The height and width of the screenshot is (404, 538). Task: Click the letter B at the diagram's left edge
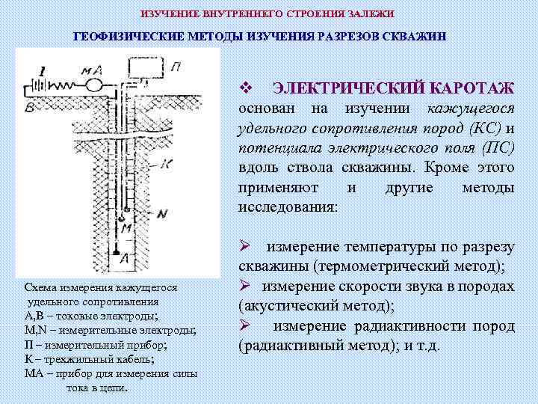point(28,107)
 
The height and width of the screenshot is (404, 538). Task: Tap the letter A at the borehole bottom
point(125,257)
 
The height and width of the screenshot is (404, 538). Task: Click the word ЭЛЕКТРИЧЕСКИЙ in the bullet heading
point(348,89)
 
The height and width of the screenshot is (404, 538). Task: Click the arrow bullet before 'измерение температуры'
point(244,247)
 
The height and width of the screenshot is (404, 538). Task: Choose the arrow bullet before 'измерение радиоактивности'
point(244,325)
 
